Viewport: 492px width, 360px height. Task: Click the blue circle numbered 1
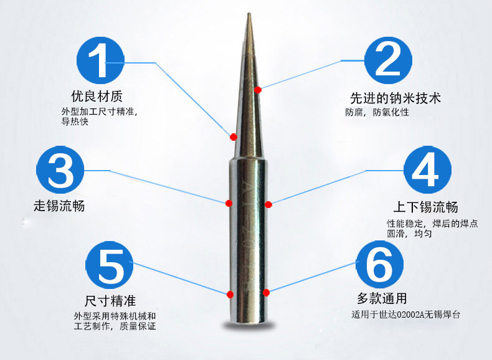(100, 60)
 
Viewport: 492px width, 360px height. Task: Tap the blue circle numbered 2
(388, 60)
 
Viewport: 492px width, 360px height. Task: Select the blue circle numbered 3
(60, 170)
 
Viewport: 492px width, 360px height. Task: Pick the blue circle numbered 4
(427, 170)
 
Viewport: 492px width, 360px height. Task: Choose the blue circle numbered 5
(109, 265)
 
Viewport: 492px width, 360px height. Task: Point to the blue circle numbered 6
(380, 265)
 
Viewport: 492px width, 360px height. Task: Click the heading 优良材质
(97, 96)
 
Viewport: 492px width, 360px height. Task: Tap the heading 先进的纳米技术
(395, 98)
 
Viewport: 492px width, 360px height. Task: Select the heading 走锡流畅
(59, 206)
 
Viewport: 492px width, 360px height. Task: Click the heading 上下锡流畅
(426, 207)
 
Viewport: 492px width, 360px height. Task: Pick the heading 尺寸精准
(110, 301)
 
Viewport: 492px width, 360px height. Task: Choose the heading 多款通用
(382, 298)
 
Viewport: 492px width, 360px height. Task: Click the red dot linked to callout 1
(233, 137)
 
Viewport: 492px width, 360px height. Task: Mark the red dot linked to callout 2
(258, 90)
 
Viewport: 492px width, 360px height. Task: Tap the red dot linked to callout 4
(268, 205)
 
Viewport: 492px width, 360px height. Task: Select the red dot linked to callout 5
(230, 295)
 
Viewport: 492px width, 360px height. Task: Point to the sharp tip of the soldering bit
(249, 13)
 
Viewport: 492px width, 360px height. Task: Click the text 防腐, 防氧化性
(377, 112)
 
